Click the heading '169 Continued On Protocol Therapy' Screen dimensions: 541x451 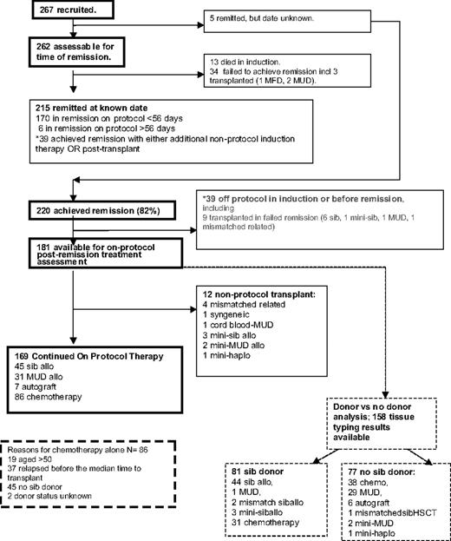click(88, 354)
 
